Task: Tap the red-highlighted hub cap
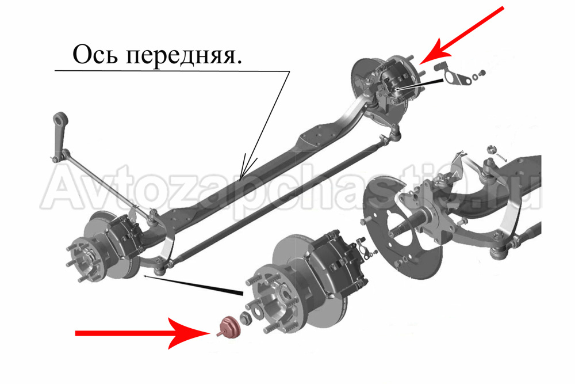228,327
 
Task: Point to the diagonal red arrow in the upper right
462,35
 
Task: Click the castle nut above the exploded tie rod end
490,150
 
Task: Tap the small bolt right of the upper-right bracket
482,73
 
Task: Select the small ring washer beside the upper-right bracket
476,77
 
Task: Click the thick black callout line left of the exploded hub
194,285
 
